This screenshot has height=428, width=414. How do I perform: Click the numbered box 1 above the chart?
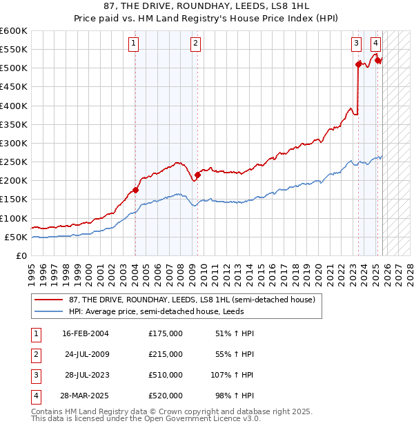[x=134, y=43]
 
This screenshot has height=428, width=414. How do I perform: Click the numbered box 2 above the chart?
[x=196, y=43]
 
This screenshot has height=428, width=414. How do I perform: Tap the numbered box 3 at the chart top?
[x=356, y=43]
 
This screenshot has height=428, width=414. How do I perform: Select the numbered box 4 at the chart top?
[x=375, y=43]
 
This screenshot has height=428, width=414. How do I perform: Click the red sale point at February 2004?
[x=135, y=190]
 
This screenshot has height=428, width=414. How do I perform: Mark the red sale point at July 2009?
[x=197, y=175]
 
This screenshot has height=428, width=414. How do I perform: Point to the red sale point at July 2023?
[x=358, y=64]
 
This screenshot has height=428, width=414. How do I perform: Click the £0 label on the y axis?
[x=21, y=255]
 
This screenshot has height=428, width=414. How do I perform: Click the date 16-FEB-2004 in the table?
[x=85, y=333]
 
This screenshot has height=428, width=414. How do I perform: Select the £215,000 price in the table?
[x=165, y=354]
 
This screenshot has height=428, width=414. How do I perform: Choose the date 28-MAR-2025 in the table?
[x=85, y=396]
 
